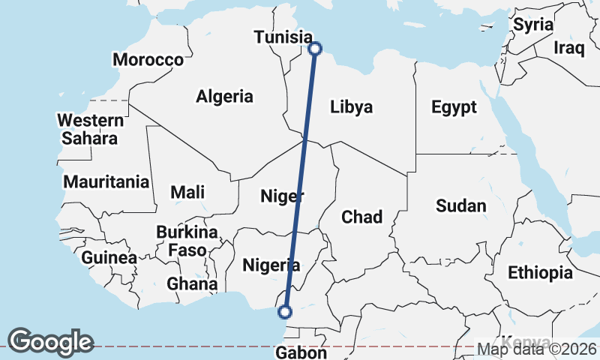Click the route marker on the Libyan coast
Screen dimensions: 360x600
coord(315,49)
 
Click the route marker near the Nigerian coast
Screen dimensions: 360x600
coord(284,312)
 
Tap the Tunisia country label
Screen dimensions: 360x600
coord(283,37)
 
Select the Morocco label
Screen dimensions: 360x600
coord(148,59)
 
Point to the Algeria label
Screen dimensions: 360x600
coord(224,96)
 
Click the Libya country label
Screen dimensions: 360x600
coord(351,107)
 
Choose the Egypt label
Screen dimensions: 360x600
coord(454,107)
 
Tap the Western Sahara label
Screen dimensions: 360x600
coord(90,129)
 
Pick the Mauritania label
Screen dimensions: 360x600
coord(106,181)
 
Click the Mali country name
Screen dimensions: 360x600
coord(187,192)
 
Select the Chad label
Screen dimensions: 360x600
coord(361,217)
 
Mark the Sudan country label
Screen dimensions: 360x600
coord(461,205)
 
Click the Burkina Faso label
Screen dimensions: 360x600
coord(187,241)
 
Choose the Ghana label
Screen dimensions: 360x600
coord(192,284)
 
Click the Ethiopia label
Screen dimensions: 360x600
coord(540,272)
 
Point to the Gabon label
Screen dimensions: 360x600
coord(301,352)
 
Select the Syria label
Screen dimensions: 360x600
coord(532,24)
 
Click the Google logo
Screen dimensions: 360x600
coord(50,342)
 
